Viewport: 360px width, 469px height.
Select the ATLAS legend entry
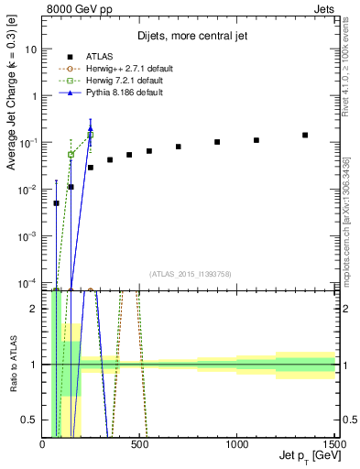pos(101,57)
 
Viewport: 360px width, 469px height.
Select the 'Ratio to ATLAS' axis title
pos(13,365)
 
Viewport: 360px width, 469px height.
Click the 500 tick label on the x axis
pos(139,444)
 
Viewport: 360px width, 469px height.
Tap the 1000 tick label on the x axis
pos(236,444)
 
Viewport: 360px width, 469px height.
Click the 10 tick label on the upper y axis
pos(31,49)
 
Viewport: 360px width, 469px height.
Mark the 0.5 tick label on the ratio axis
pos(29,420)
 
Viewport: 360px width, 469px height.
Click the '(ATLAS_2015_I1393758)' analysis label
pos(189,272)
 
